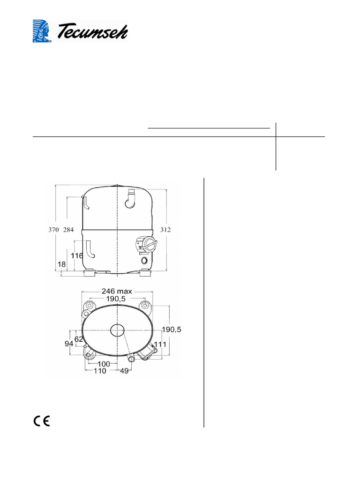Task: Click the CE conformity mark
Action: [42, 420]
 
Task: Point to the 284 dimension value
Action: [68, 230]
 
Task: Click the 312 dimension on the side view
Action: [165, 230]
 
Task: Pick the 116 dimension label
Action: [77, 255]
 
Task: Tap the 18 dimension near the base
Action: [61, 265]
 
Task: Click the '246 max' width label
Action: [114, 291]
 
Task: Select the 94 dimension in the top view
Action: [69, 344]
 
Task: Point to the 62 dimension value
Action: [79, 339]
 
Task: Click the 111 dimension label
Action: [161, 345]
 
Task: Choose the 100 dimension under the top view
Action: [104, 364]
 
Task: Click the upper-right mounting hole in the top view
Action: [146, 306]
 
